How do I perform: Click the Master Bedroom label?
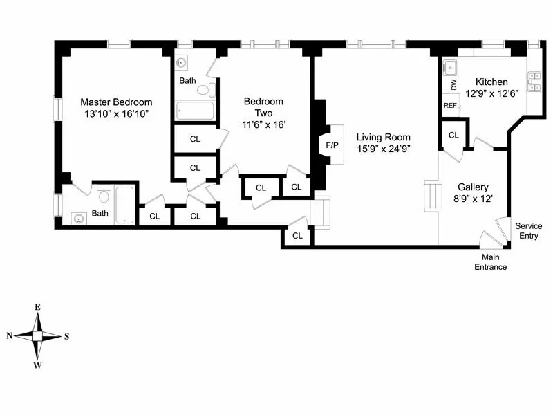tap(115, 102)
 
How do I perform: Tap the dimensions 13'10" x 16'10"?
tap(115, 113)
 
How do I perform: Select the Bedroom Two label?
tap(263, 107)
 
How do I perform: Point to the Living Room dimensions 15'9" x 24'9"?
tap(383, 149)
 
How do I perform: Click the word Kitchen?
tap(491, 82)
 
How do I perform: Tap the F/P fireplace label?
tap(332, 145)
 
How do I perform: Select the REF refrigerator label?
tap(451, 106)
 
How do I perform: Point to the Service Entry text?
tap(529, 231)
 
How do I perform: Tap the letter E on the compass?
tap(38, 307)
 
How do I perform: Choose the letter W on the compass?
tap(38, 365)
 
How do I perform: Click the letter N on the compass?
tap(10, 335)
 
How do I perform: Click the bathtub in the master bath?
tap(124, 205)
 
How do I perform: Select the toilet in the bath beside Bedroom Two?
tap(205, 89)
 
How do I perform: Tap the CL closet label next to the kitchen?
tap(453, 135)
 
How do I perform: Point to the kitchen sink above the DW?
tap(450, 67)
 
